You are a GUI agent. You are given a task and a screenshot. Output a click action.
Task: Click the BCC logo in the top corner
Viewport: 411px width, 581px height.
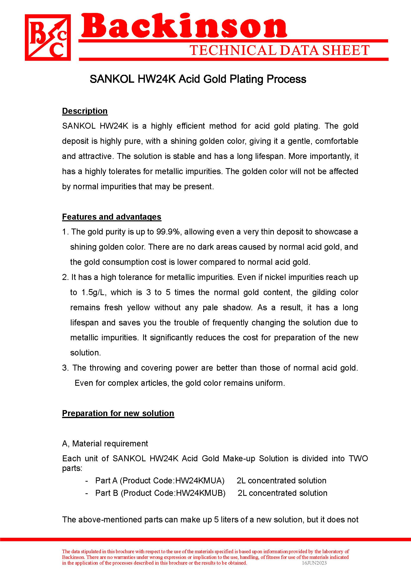pyautogui.click(x=48, y=38)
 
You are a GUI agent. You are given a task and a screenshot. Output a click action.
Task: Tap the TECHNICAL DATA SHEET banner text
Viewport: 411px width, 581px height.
pyautogui.click(x=279, y=50)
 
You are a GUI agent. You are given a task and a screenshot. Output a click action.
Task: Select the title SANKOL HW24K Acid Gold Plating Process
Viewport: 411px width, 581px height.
pyautogui.click(x=198, y=79)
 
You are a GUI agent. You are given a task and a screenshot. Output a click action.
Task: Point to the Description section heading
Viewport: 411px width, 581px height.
pyautogui.click(x=85, y=111)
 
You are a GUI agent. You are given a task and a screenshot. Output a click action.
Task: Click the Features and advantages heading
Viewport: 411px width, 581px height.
pyautogui.click(x=112, y=217)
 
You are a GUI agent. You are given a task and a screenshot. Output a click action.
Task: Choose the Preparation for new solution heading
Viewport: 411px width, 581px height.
pyautogui.click(x=118, y=413)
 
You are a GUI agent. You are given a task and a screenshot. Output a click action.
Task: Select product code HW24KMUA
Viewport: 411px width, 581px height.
pyautogui.click(x=200, y=481)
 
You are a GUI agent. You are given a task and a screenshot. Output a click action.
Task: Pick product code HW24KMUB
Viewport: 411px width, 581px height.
pyautogui.click(x=201, y=493)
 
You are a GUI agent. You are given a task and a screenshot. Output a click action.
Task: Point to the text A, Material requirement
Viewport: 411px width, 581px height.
pyautogui.click(x=105, y=444)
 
